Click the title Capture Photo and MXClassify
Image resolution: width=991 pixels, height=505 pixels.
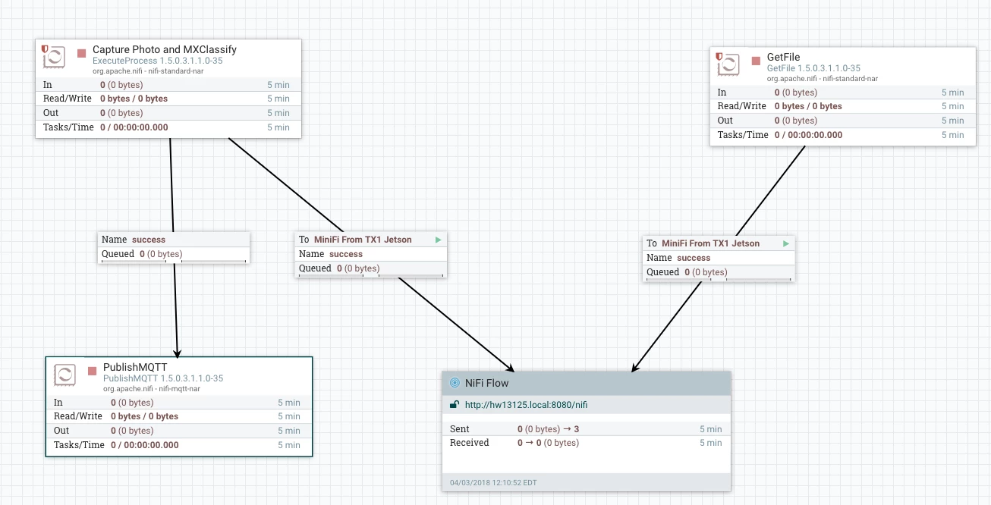tap(164, 49)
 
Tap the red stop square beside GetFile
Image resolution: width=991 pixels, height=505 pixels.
tap(756, 61)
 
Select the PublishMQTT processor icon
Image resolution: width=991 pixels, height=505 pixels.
tap(64, 375)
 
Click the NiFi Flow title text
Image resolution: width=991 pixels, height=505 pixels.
tap(486, 383)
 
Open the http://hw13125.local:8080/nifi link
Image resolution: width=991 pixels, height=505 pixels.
tap(526, 405)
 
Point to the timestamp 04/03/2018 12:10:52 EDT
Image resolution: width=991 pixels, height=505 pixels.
tap(493, 482)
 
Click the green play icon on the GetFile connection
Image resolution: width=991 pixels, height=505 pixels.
tap(785, 243)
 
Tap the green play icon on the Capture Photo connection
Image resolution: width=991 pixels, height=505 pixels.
tap(438, 240)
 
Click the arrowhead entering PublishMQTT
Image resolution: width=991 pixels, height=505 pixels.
tap(177, 353)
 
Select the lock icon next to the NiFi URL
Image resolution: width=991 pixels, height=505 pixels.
tap(455, 405)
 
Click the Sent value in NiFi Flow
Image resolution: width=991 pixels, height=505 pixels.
tap(548, 429)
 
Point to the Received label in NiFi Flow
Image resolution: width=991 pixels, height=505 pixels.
tap(470, 443)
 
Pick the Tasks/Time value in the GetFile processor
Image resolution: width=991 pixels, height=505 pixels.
tap(808, 135)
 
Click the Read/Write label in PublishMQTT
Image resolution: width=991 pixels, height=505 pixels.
tap(78, 416)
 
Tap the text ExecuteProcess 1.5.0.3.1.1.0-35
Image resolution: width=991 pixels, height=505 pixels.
tap(158, 61)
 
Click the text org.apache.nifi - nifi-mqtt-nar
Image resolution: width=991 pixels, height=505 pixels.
tap(152, 389)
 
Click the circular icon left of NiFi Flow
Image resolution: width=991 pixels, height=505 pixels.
tap(455, 383)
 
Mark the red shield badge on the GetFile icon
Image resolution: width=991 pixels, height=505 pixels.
tap(719, 57)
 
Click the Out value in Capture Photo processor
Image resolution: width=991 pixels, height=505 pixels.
tap(121, 113)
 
